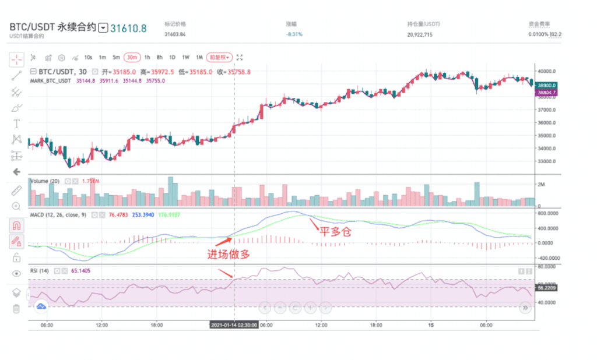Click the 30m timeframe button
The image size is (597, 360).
(132, 57)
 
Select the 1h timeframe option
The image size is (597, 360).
(147, 57)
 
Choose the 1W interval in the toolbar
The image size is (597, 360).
(185, 57)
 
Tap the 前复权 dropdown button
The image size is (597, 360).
(220, 57)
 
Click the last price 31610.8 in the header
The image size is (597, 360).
(129, 27)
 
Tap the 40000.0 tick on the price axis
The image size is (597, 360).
(549, 71)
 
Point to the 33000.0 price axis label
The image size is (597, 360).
(549, 161)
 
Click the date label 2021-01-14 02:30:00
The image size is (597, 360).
(234, 325)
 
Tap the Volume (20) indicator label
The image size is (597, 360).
(46, 181)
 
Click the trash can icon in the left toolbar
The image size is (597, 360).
(16, 308)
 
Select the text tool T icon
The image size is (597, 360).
(16, 123)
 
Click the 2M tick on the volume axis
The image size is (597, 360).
(542, 185)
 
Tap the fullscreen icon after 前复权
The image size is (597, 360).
(240, 57)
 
